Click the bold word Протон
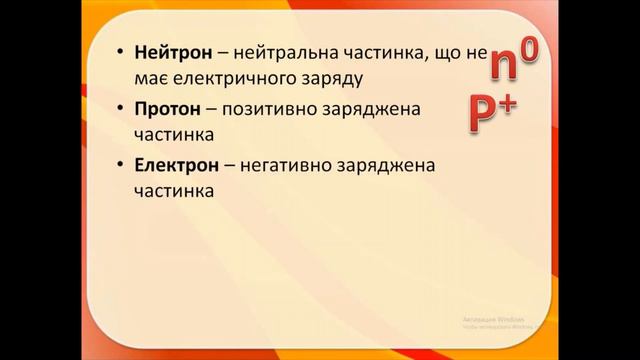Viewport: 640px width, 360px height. click(161, 107)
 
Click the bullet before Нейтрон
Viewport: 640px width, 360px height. click(120, 52)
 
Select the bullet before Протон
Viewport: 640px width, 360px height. click(120, 107)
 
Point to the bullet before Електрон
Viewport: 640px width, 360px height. click(120, 162)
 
